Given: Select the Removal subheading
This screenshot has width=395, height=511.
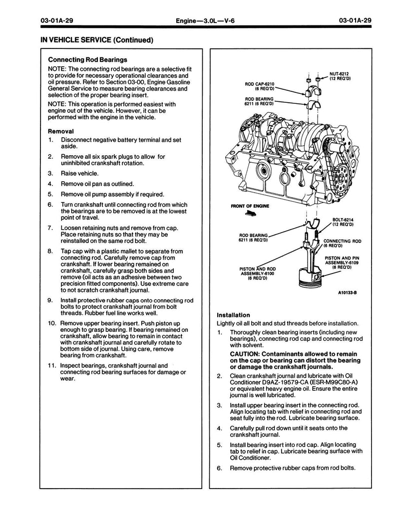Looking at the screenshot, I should pos(61,131).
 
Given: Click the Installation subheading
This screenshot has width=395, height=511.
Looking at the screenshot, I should pos(233,315).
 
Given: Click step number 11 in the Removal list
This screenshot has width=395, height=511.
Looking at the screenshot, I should pos(52,366).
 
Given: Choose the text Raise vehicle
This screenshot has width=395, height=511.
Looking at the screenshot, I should pos(80,174).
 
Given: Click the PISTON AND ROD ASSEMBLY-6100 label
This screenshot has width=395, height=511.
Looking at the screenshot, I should pos(257,272).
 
